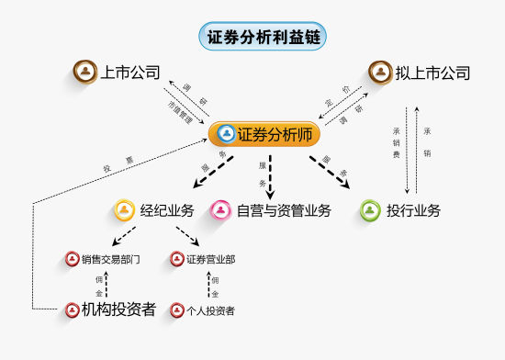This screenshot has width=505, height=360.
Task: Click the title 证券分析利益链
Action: pyautogui.click(x=263, y=37)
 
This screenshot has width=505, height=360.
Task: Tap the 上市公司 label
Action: pyautogui.click(x=130, y=72)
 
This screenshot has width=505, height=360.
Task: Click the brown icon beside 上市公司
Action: pyautogui.click(x=85, y=72)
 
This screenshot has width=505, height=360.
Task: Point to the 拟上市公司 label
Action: pyautogui.click(x=432, y=73)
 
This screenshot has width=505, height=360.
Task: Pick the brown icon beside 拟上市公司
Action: pyautogui.click(x=380, y=72)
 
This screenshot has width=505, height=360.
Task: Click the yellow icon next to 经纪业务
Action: pyautogui.click(x=125, y=210)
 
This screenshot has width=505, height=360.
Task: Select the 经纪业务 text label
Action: pyautogui.click(x=167, y=210)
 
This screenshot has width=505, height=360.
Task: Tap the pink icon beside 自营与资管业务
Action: pyautogui.click(x=221, y=210)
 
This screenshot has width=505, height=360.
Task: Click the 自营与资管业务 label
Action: pyautogui.click(x=284, y=210)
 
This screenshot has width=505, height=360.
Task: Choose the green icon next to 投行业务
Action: pyautogui.click(x=371, y=210)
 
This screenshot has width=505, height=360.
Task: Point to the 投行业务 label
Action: pyautogui.click(x=413, y=210)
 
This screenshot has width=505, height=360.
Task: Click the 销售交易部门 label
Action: pyautogui.click(x=110, y=259)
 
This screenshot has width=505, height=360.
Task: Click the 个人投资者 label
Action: pyautogui.click(x=210, y=310)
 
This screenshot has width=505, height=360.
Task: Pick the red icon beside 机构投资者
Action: pyautogui.click(x=73, y=309)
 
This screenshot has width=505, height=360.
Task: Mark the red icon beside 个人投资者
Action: pyautogui.click(x=178, y=310)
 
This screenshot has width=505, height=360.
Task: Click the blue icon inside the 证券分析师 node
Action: pyautogui.click(x=226, y=134)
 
